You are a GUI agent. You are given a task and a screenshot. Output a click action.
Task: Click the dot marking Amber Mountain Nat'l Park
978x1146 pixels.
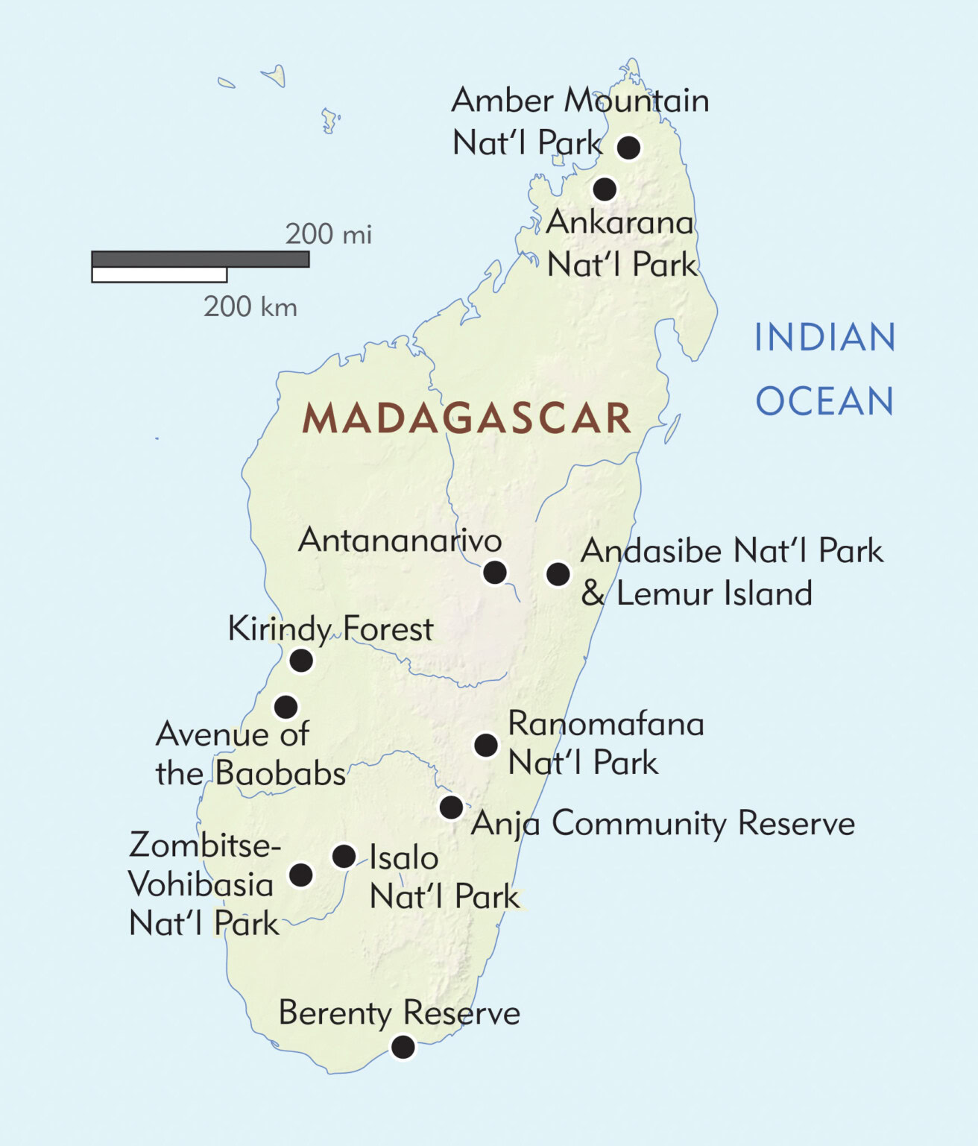point(628,147)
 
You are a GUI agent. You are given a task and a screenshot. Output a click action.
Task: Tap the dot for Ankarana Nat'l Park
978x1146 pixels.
point(605,189)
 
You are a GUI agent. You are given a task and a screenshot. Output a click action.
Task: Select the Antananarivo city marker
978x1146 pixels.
point(495,573)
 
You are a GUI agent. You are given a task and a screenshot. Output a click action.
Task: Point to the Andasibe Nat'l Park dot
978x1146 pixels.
point(558,573)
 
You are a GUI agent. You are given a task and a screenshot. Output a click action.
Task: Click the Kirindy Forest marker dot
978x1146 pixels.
point(301,660)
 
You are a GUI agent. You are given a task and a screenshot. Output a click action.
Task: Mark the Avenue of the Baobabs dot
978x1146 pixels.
point(285,706)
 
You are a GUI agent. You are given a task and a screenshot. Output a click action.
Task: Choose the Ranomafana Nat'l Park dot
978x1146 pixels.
point(486,744)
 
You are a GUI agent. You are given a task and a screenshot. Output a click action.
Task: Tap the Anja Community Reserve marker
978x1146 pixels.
point(451,807)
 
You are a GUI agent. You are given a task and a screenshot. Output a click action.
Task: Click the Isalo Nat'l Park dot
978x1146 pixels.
point(344,856)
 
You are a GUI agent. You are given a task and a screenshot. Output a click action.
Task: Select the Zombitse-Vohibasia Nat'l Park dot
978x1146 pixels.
point(301,875)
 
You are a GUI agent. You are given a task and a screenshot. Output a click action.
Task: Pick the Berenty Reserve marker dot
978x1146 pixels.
point(403,1047)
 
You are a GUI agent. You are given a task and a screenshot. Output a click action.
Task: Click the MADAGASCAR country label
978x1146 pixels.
point(467,418)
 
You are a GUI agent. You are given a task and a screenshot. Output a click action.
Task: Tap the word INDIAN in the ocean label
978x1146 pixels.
point(824,338)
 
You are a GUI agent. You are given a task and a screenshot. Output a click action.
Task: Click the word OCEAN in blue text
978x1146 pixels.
point(824,402)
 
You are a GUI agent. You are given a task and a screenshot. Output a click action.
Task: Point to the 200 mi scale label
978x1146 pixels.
point(328,234)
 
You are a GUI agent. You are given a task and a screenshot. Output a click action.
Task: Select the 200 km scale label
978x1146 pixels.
point(250,306)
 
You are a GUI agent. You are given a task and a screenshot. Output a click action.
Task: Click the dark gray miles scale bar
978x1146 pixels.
point(200,259)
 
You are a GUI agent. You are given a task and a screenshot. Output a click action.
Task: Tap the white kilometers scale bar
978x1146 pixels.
point(159,275)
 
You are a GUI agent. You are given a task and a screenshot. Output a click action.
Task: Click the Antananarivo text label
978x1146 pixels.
point(400,540)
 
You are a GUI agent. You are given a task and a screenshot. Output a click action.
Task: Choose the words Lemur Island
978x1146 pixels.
point(714,594)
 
